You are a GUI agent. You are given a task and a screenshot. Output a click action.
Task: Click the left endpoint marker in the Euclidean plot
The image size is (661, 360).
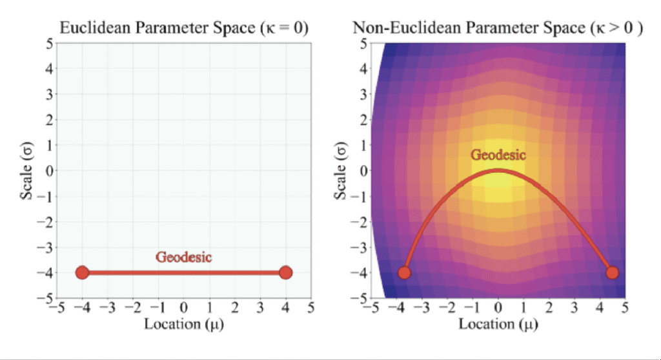[82, 272]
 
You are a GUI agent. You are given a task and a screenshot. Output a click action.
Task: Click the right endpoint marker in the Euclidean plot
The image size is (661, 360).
[286, 272]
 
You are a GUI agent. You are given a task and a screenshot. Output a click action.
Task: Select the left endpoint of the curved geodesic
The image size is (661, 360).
[404, 272]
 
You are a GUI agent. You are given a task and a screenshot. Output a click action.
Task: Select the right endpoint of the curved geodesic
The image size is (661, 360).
[613, 272]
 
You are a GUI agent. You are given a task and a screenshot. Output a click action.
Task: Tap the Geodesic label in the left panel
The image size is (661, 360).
[184, 257]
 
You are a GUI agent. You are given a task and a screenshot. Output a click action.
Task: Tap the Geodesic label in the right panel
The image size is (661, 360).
[498, 155]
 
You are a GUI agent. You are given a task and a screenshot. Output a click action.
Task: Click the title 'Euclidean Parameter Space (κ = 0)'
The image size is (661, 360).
[184, 28]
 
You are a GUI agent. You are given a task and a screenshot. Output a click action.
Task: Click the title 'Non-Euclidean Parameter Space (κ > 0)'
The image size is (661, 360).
[498, 28]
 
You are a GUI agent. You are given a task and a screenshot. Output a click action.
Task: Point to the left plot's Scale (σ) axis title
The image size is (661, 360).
[26, 170]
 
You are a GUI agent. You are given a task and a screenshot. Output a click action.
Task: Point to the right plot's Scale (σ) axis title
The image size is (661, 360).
[340, 170]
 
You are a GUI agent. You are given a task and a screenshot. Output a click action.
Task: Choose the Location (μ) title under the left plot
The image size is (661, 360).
[184, 323]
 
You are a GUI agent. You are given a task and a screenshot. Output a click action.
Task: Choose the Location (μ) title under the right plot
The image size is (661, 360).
[498, 323]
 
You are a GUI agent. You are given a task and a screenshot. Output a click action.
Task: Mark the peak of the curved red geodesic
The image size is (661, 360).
[498, 170]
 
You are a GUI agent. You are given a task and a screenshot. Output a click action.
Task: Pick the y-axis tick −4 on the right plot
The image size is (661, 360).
[360, 272]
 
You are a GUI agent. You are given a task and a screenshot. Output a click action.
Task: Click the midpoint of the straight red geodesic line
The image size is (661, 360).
[184, 272]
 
